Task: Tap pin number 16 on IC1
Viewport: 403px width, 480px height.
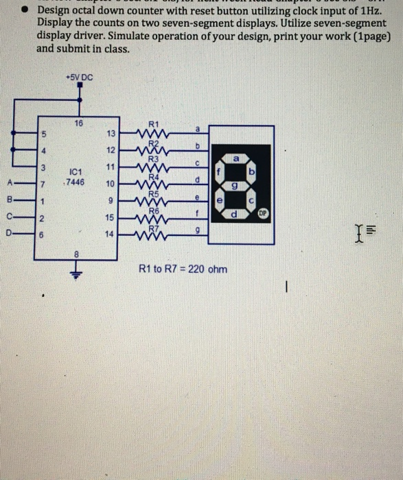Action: click(x=79, y=123)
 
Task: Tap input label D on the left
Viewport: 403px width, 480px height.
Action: click(x=10, y=235)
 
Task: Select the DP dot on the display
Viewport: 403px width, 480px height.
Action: click(x=262, y=214)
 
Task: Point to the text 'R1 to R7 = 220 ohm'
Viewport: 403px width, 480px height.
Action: click(x=183, y=268)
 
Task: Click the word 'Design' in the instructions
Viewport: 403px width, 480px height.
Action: click(x=53, y=11)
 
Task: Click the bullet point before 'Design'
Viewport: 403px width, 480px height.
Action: click(x=23, y=11)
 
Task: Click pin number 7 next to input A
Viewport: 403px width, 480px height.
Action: click(x=43, y=184)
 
